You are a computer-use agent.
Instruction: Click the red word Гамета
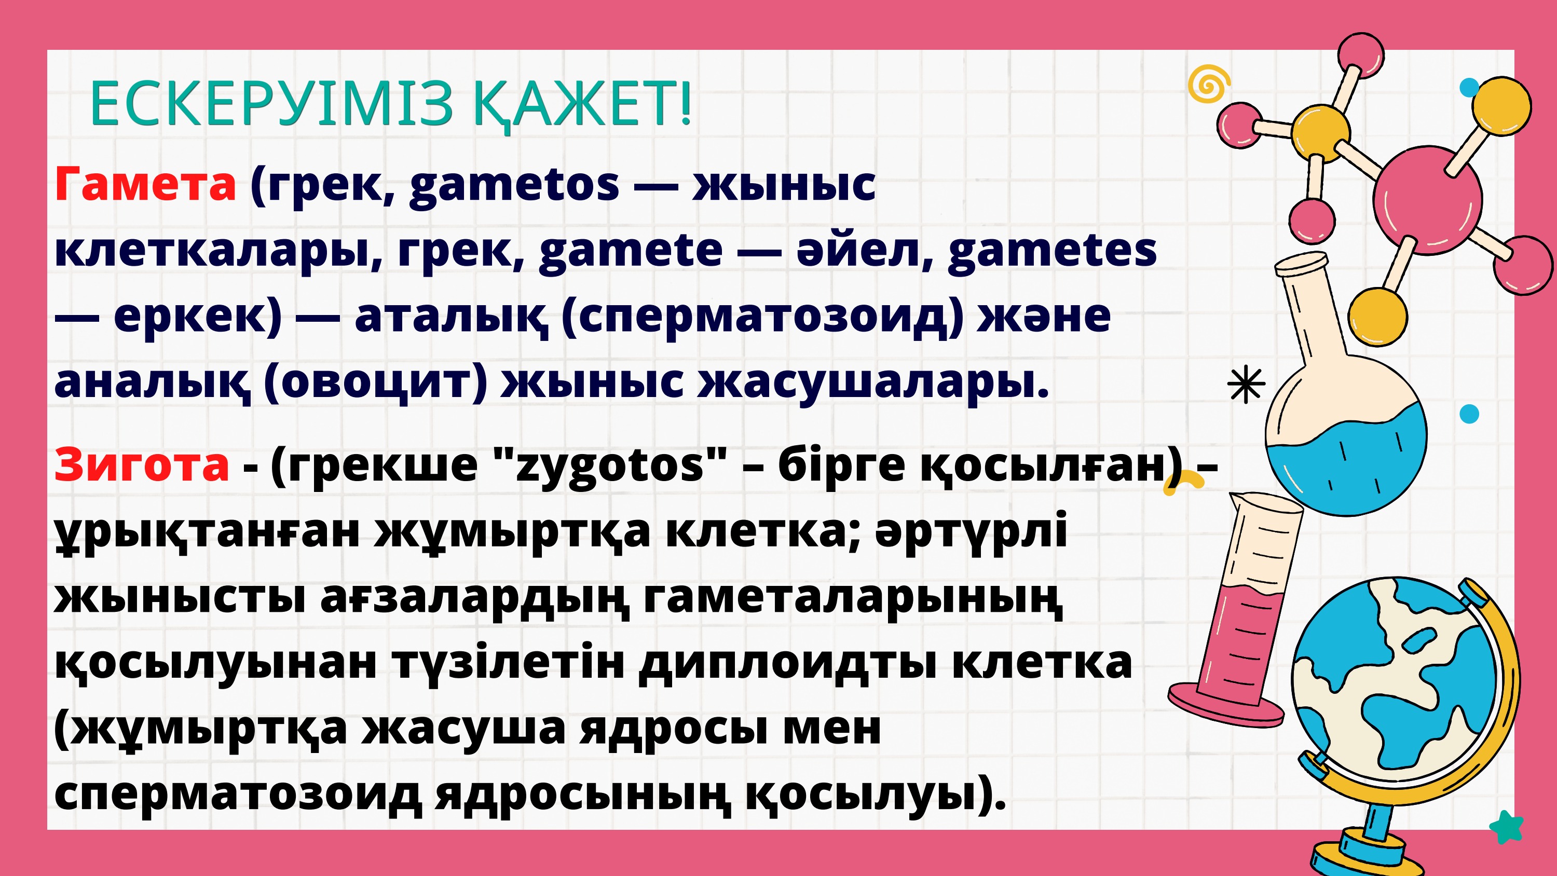coord(145,184)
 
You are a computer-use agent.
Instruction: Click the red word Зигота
coord(142,466)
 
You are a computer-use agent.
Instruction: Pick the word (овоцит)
coord(375,382)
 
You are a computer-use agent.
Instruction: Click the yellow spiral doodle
coord(1208,84)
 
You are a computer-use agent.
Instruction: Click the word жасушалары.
coord(873,382)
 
